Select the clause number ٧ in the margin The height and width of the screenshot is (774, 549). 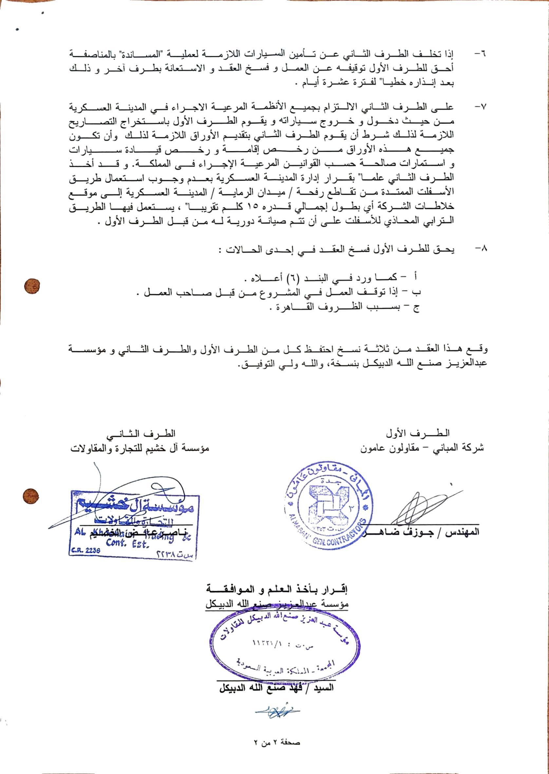[480, 107]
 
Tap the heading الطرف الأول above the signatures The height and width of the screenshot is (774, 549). [418, 434]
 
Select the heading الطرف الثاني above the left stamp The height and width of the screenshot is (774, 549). [141, 434]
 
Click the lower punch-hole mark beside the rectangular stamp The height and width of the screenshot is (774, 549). [31, 497]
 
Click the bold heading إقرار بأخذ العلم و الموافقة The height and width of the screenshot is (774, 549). [277, 590]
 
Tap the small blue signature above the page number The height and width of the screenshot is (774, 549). [277, 711]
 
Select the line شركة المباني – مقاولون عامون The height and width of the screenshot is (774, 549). [422, 448]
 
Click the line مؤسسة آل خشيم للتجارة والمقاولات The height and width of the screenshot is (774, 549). [140, 448]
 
